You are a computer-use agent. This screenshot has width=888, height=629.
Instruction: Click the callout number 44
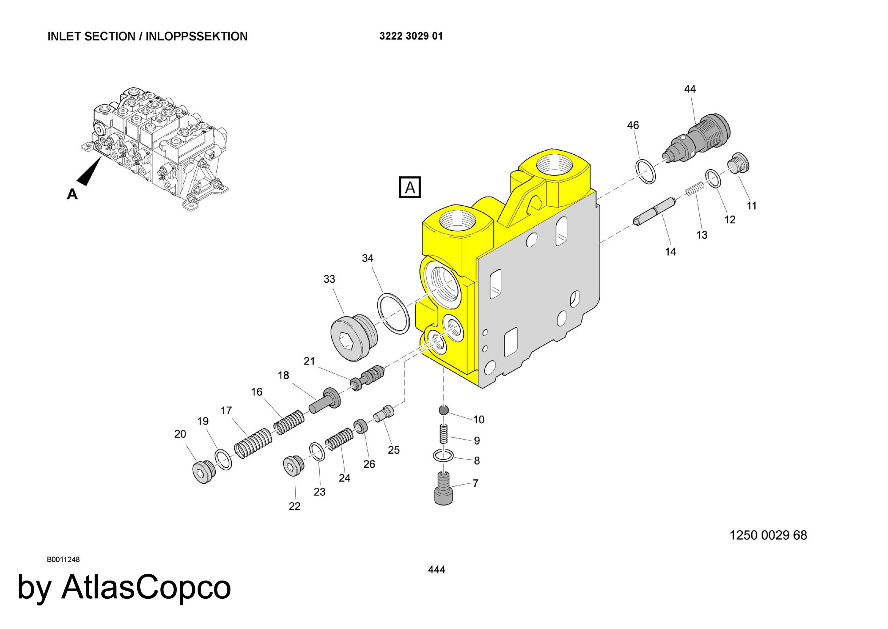pyautogui.click(x=690, y=89)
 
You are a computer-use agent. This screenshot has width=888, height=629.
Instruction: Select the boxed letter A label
pyautogui.click(x=409, y=187)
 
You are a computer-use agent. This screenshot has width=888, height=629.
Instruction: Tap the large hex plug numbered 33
pyautogui.click(x=353, y=337)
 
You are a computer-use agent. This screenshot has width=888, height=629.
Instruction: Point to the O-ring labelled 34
pyautogui.click(x=393, y=313)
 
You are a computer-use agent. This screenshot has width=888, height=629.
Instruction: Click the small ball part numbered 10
pyautogui.click(x=444, y=410)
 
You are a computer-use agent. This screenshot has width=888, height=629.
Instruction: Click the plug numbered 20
pyautogui.click(x=204, y=471)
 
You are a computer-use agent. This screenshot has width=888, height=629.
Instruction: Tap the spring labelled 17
pyautogui.click(x=253, y=444)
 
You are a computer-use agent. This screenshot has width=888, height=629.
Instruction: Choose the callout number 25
pyautogui.click(x=393, y=450)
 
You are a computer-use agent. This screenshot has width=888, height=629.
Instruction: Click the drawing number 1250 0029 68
pyautogui.click(x=768, y=535)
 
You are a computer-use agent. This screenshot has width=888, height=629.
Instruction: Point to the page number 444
pyautogui.click(x=436, y=569)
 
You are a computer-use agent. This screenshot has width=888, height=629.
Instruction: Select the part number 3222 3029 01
pyautogui.click(x=411, y=36)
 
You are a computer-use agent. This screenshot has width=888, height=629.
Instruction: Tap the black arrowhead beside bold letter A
pyautogui.click(x=91, y=172)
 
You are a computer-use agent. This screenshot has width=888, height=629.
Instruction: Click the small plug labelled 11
pyautogui.click(x=739, y=163)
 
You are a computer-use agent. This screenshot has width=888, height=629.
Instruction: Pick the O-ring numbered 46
pyautogui.click(x=646, y=171)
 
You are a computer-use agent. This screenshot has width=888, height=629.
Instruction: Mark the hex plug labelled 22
pyautogui.click(x=293, y=465)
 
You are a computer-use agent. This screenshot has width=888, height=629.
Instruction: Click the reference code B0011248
pyautogui.click(x=63, y=559)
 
